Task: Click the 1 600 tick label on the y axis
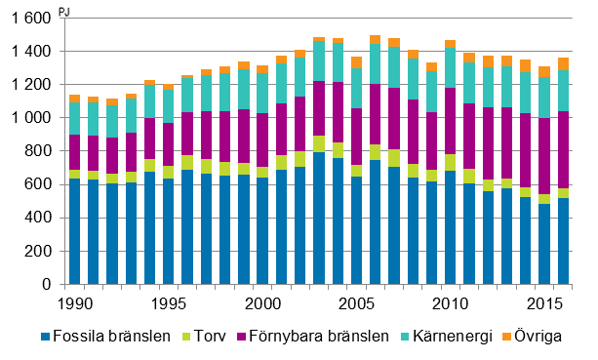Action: [28, 18]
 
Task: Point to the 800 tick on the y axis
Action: [36, 151]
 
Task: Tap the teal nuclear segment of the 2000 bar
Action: [262, 93]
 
